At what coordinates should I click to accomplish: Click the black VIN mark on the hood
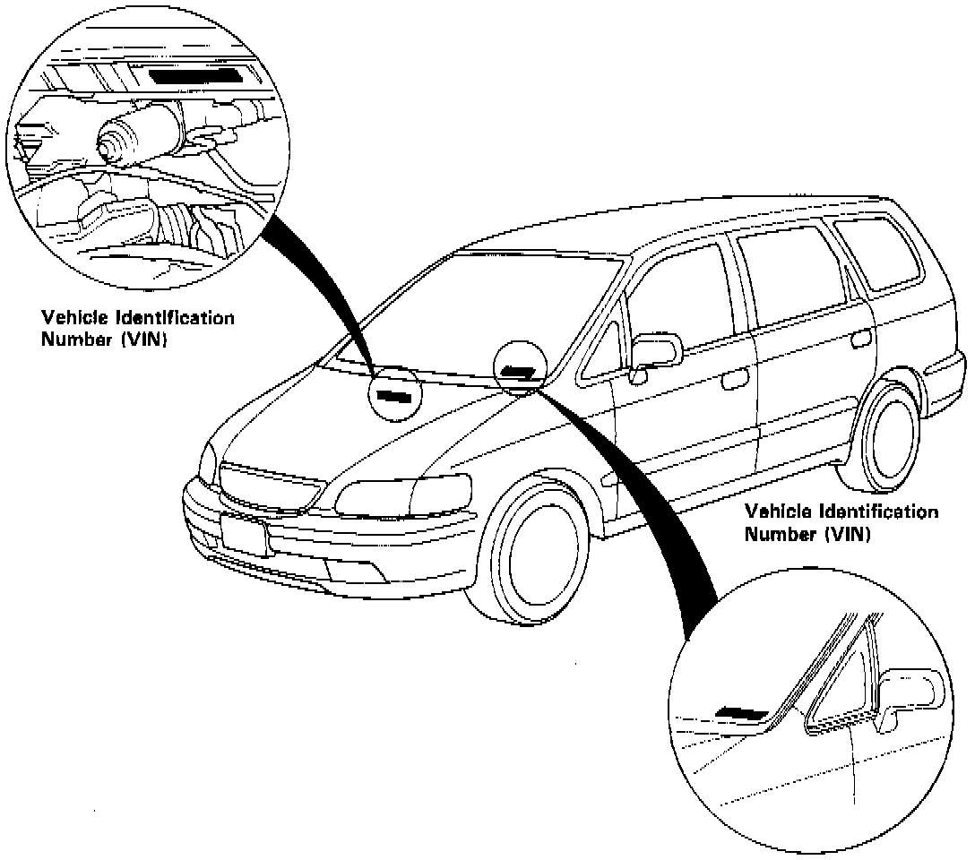pos(393,395)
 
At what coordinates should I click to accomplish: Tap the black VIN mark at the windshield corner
pos(519,370)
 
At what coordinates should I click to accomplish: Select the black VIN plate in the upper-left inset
pos(194,75)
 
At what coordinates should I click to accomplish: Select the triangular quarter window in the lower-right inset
pos(842,681)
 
